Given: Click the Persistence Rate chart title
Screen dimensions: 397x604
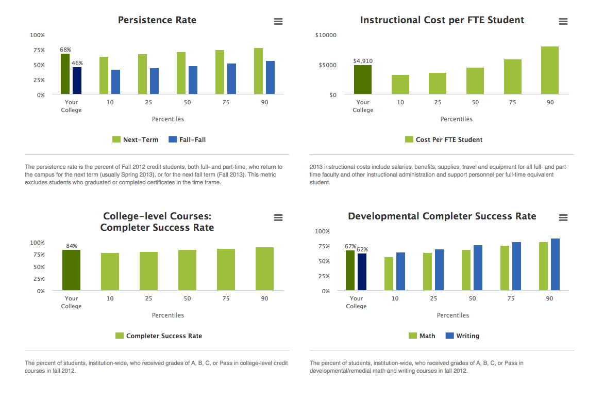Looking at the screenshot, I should (157, 20).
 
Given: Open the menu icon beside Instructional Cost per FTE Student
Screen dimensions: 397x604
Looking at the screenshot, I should (563, 21).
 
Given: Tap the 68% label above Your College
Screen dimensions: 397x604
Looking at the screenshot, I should (65, 50).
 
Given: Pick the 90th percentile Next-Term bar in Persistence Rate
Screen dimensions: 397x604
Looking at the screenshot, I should (258, 71).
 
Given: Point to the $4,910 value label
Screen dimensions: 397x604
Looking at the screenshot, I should (363, 61).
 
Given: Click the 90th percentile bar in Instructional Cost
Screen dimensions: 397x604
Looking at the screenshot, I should (550, 70).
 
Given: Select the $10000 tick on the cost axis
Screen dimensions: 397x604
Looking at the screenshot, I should (326, 35).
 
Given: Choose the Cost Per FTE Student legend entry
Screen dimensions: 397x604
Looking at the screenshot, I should (444, 139).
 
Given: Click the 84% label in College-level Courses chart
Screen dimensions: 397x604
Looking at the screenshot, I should (71, 246).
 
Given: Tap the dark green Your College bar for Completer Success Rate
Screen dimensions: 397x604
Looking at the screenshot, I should (71, 270).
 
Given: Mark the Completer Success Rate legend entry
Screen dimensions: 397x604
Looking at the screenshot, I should (159, 336).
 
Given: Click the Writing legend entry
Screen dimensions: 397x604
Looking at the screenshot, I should (462, 336).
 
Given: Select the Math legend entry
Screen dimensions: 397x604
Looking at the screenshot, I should (422, 336).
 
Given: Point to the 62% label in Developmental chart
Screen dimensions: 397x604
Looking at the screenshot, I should (362, 249).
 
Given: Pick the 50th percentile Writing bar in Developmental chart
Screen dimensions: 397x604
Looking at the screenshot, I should (478, 268).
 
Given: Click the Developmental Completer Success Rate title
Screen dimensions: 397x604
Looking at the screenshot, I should (442, 216).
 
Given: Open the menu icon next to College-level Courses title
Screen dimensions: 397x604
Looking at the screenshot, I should (278, 218).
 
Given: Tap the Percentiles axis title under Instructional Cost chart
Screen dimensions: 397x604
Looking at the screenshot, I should (457, 119).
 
